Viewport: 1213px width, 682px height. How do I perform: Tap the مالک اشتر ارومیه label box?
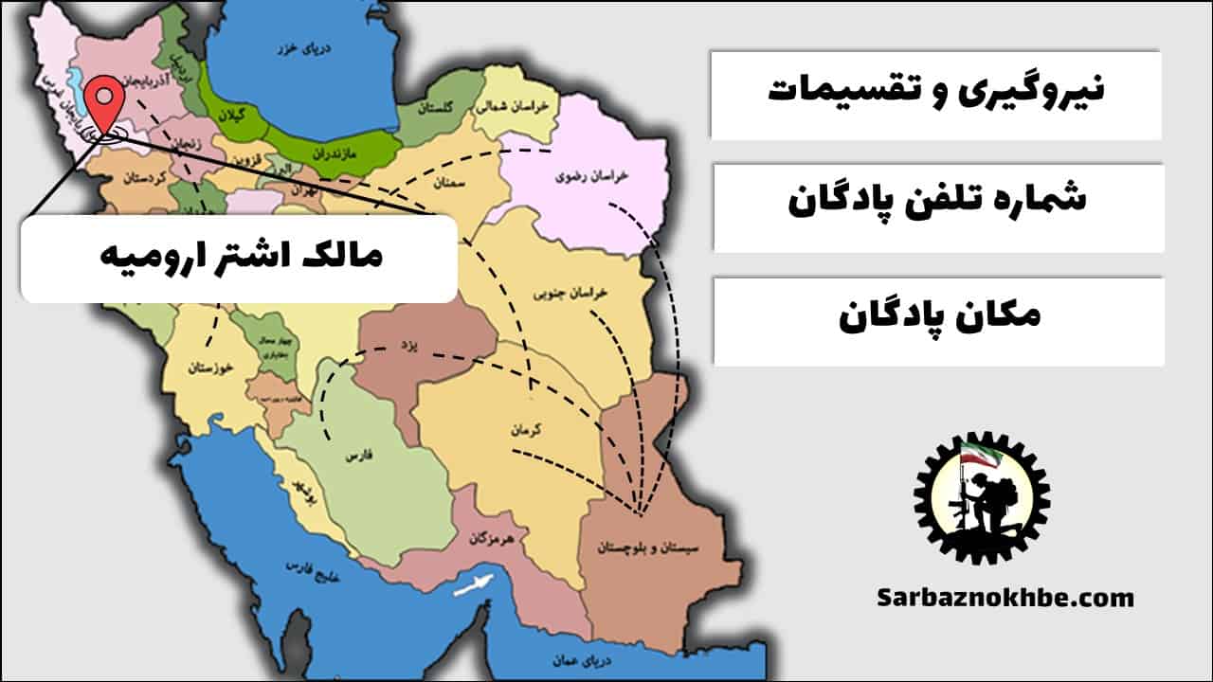[239, 258]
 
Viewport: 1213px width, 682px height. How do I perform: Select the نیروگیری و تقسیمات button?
[935, 94]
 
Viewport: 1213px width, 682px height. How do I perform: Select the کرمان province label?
[525, 429]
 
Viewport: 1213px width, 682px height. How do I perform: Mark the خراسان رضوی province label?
[581, 177]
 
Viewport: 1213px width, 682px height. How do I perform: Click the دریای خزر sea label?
[290, 46]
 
